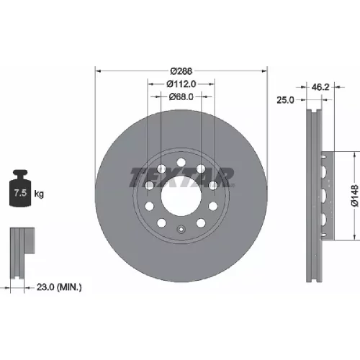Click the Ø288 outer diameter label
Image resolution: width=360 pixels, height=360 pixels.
(x=181, y=71)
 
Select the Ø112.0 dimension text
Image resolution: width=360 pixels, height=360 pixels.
(x=181, y=84)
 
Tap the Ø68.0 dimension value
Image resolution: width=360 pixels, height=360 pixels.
(x=181, y=97)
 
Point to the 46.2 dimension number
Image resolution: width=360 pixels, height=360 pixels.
(x=320, y=87)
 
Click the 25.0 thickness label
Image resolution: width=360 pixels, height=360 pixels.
(x=285, y=100)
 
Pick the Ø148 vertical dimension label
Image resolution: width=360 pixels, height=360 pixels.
(x=355, y=196)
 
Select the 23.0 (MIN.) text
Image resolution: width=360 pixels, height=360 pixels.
(x=59, y=287)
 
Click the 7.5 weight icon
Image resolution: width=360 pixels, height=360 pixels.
(x=20, y=188)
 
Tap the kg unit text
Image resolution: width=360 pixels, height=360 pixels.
(x=39, y=194)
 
